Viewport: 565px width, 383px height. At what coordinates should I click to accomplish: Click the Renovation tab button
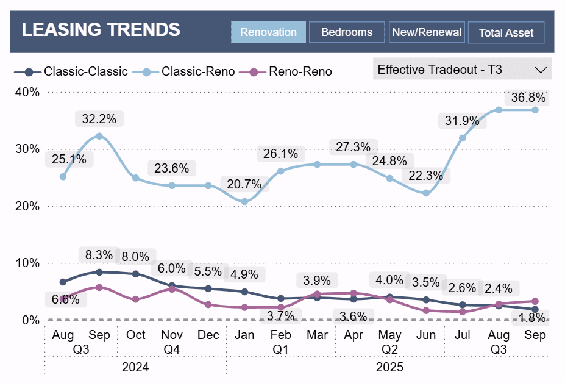click(268, 32)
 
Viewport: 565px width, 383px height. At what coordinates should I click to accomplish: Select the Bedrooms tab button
click(347, 32)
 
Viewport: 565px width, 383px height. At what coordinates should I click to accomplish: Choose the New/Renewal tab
click(427, 32)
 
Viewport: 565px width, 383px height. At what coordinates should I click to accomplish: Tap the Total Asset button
click(506, 33)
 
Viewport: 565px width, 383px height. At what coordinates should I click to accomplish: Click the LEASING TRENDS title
click(101, 29)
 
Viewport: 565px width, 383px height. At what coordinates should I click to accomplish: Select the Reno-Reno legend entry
click(291, 71)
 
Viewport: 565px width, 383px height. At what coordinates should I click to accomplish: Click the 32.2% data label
click(99, 118)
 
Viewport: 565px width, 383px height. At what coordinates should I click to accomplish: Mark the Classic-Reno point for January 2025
click(244, 201)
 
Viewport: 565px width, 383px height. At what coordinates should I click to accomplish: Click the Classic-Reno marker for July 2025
click(463, 138)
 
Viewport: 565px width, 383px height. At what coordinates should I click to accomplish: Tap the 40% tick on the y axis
click(27, 92)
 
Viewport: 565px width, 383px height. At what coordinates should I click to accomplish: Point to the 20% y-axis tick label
click(27, 206)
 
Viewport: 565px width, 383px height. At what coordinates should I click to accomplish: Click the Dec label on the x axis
click(208, 335)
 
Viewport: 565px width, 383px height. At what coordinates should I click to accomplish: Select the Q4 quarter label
click(172, 350)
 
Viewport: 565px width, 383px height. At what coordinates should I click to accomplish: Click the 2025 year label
click(389, 368)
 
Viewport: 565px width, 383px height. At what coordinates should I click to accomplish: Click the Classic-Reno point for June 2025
click(426, 193)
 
